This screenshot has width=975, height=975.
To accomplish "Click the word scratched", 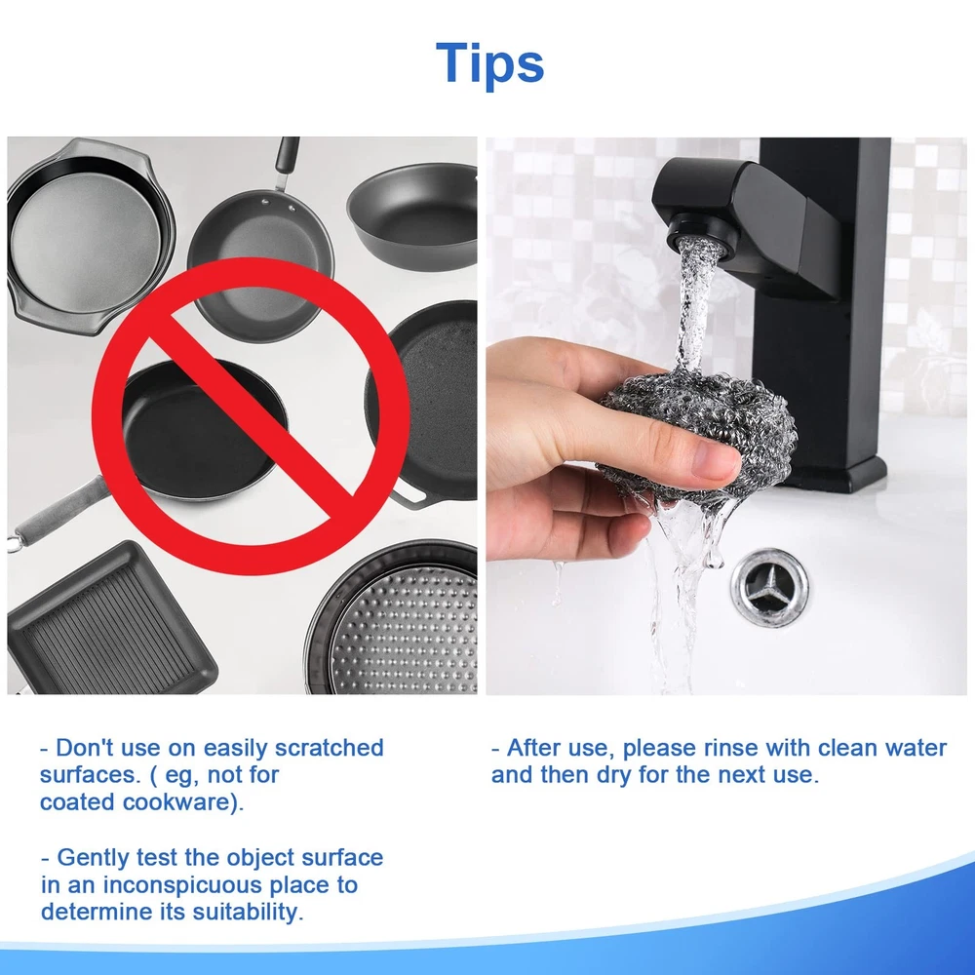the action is point(329,748).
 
